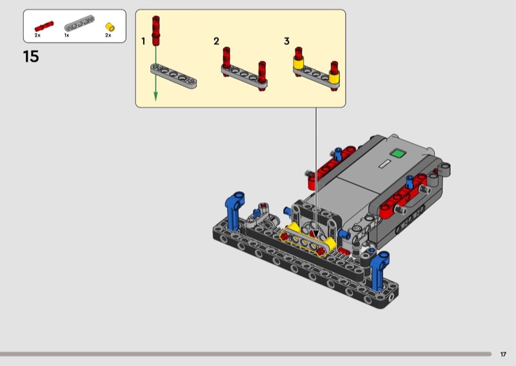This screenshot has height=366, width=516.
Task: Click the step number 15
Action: click(x=31, y=57)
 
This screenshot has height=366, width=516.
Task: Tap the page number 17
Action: click(x=503, y=354)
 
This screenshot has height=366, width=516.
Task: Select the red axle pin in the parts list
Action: click(x=44, y=26)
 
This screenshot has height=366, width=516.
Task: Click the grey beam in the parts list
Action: click(x=79, y=23)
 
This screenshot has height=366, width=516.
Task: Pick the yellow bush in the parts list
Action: click(x=110, y=27)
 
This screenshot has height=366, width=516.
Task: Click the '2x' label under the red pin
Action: click(x=37, y=35)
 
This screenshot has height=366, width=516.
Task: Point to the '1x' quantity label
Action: click(x=66, y=35)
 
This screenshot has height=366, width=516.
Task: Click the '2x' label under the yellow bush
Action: click(x=108, y=35)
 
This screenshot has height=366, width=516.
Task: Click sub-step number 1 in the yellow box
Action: click(x=143, y=41)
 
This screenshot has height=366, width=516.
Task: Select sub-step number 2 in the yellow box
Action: click(x=216, y=41)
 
